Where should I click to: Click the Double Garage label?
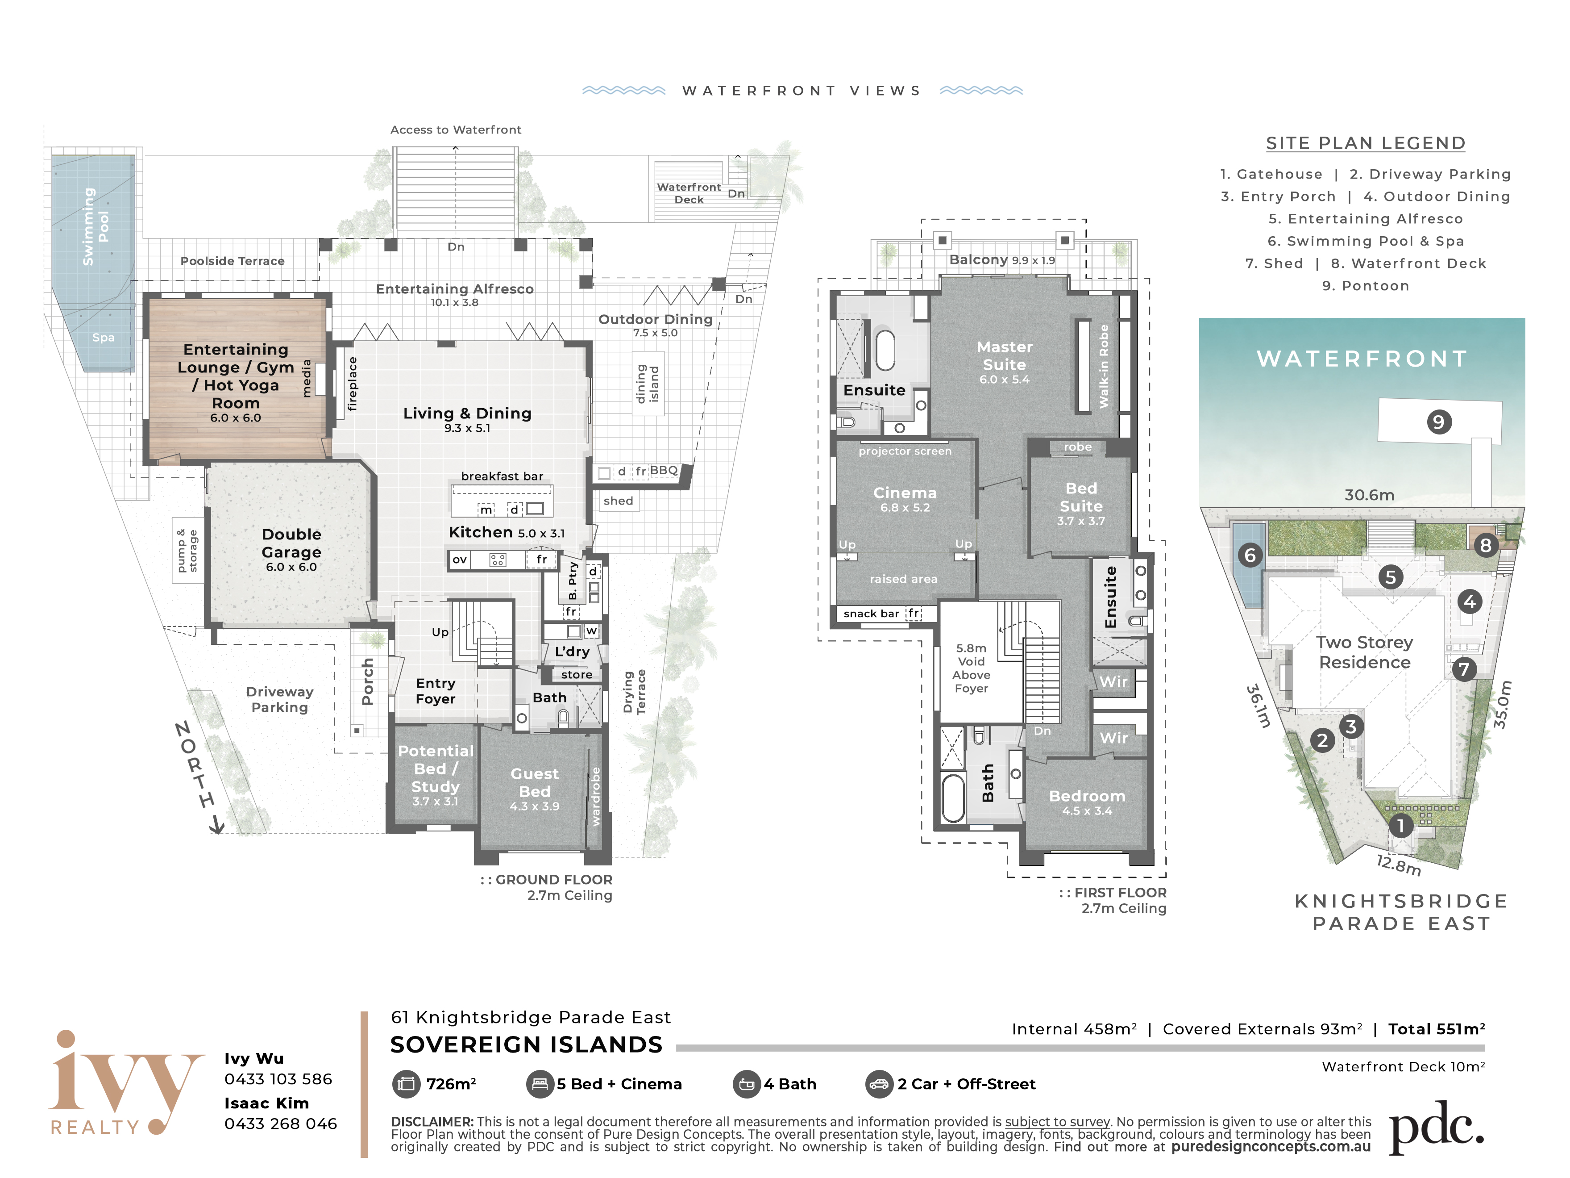point(291,543)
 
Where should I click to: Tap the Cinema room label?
point(905,493)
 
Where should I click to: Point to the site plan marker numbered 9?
point(1439,422)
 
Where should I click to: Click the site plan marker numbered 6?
point(1250,555)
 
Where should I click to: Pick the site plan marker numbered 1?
point(1400,826)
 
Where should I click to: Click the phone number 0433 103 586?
point(278,1079)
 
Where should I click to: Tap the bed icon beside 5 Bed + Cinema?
point(540,1084)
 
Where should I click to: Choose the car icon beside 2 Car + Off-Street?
point(879,1084)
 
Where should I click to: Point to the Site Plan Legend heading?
point(1366,143)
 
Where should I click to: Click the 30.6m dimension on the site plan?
point(1369,495)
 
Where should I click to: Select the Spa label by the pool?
point(103,337)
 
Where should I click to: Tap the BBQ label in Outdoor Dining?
point(664,470)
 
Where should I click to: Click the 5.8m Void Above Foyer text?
point(971,668)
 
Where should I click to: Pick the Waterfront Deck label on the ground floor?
point(689,193)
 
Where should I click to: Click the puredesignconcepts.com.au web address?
point(1271,1147)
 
